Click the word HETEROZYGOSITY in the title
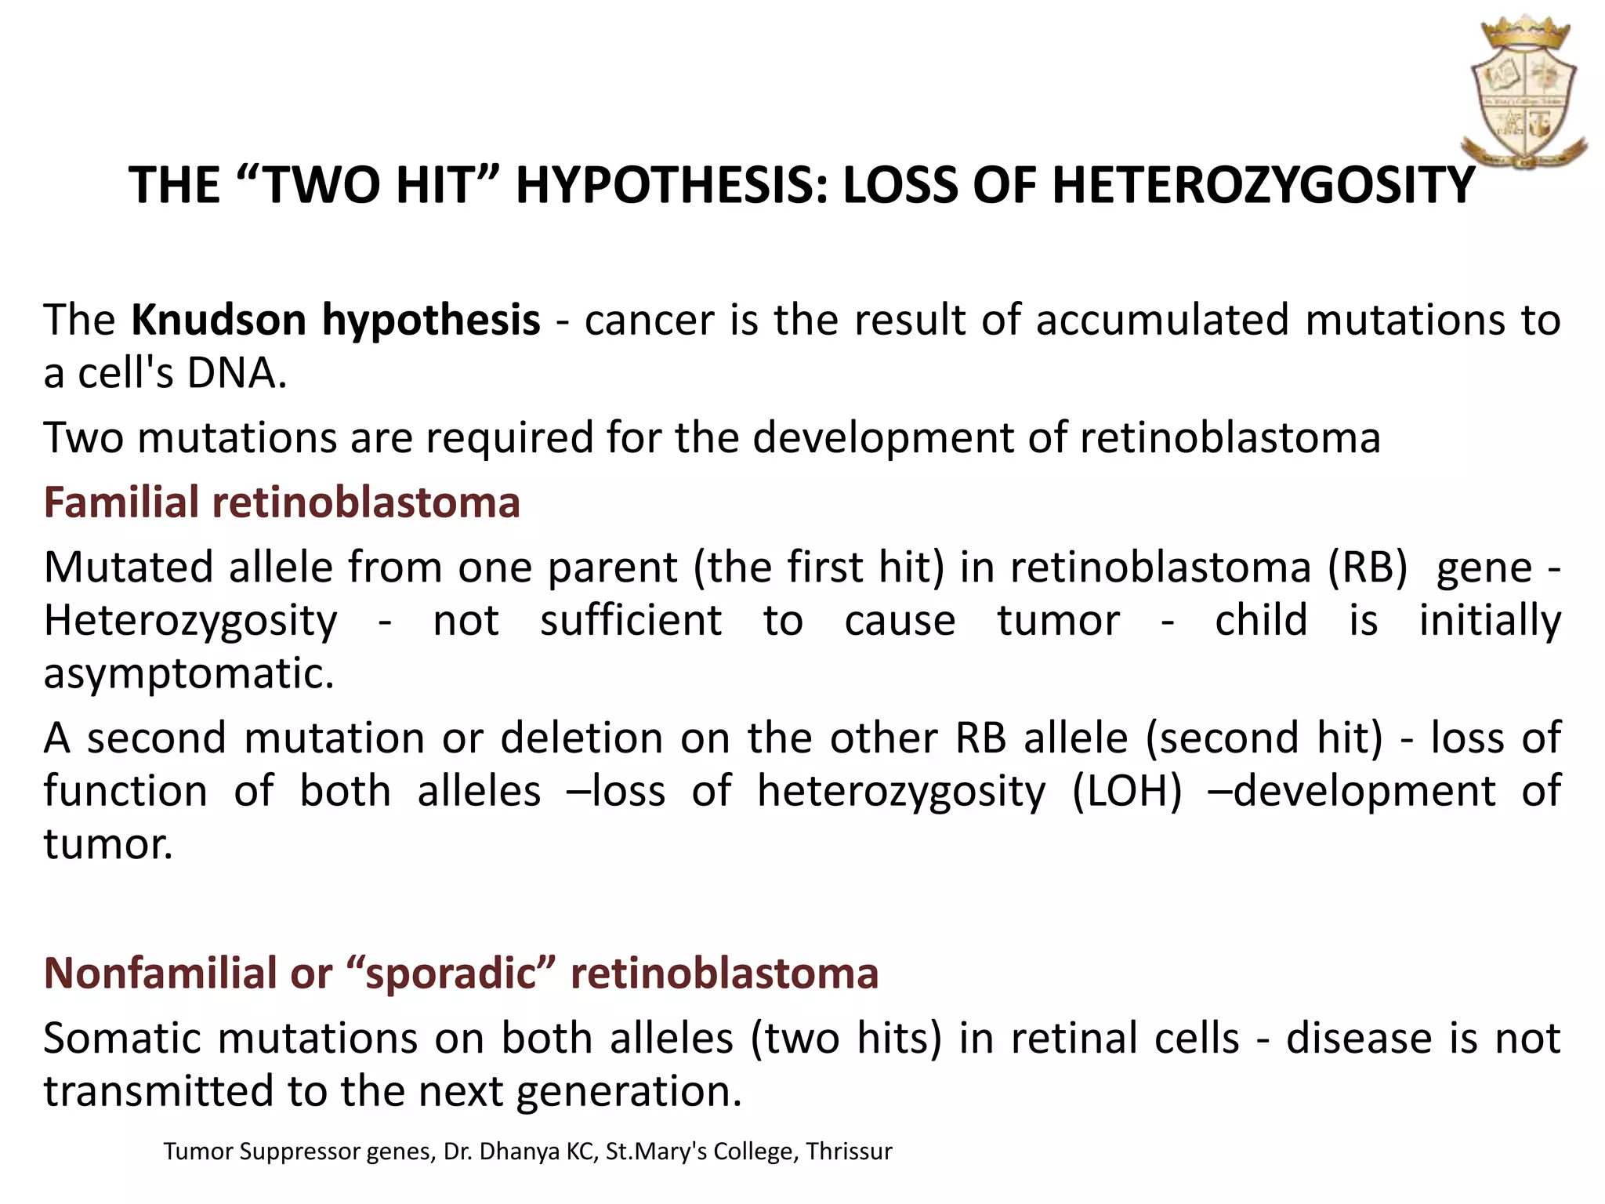(1263, 186)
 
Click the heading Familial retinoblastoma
(282, 502)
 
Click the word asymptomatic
(188, 673)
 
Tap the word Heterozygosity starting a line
(190, 621)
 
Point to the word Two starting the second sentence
(84, 437)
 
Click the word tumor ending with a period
(107, 844)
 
